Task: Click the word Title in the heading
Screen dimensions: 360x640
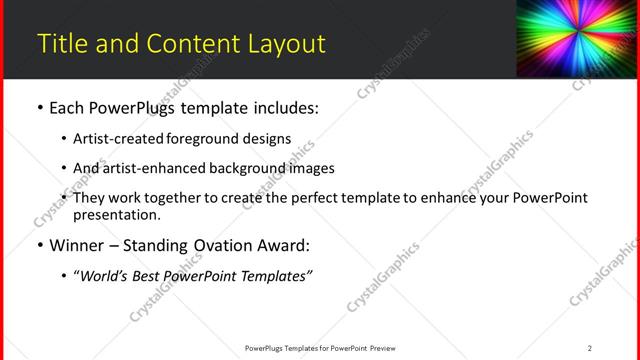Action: coord(58,44)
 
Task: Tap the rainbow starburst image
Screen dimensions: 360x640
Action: coord(576,39)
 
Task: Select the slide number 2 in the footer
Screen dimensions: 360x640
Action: coord(589,348)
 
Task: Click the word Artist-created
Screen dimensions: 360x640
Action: coord(120,139)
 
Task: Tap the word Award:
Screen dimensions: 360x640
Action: coord(286,245)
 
